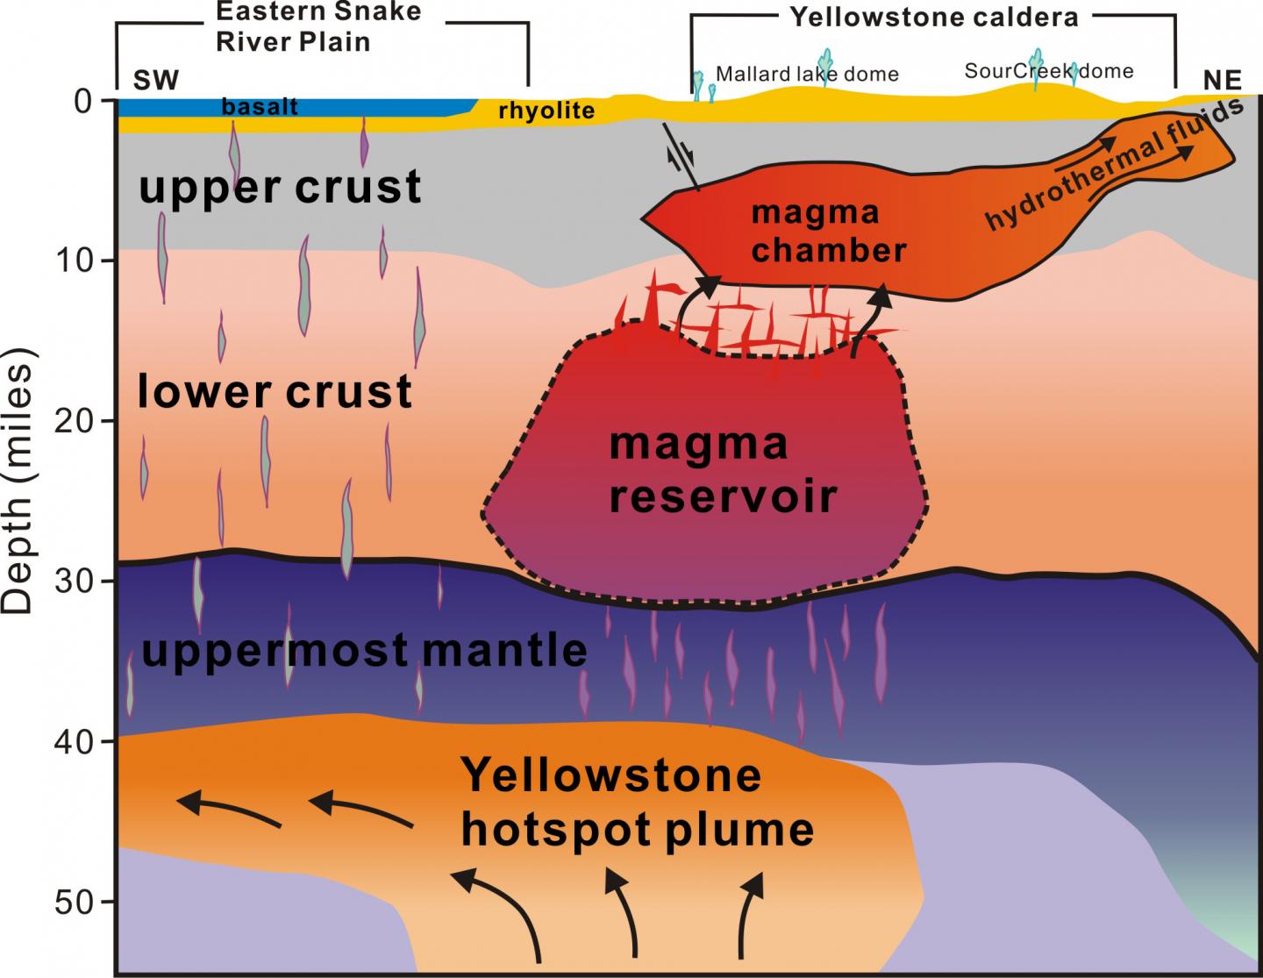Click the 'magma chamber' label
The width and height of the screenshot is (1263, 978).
pyautogui.click(x=828, y=232)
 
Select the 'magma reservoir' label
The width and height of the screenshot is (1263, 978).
pyautogui.click(x=723, y=470)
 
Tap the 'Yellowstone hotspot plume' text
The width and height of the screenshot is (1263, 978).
pyautogui.click(x=637, y=802)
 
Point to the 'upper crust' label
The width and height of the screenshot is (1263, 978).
pyautogui.click(x=280, y=187)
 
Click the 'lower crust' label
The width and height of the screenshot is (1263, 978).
pyautogui.click(x=275, y=391)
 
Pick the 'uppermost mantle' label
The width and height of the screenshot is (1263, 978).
pyautogui.click(x=363, y=650)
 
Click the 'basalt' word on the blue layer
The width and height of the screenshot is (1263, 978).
pyautogui.click(x=260, y=107)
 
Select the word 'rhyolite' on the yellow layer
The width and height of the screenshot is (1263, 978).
pyautogui.click(x=546, y=111)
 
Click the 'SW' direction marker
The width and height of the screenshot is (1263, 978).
pyautogui.click(x=155, y=81)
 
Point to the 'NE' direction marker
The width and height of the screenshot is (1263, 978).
pyautogui.click(x=1222, y=81)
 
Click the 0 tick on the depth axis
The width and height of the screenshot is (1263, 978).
pyautogui.click(x=82, y=102)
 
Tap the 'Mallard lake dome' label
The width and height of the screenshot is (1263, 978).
pyautogui.click(x=807, y=74)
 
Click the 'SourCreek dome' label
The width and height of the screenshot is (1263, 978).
pyautogui.click(x=1048, y=71)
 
